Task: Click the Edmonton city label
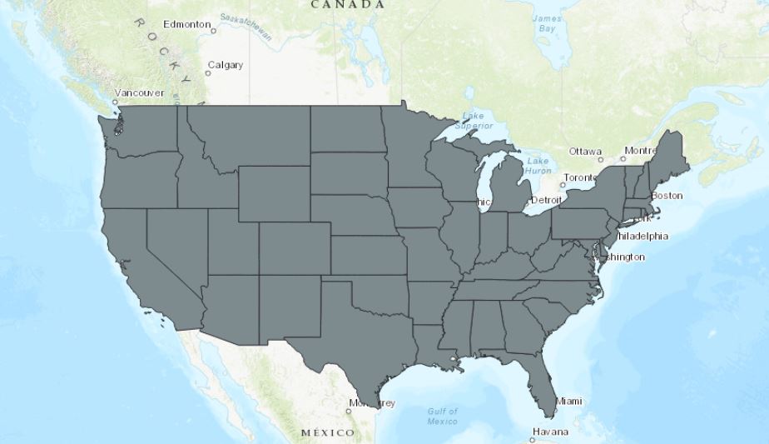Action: click(x=186, y=24)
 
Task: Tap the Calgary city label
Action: click(x=225, y=65)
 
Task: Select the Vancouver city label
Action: click(x=139, y=92)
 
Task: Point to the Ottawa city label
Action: click(x=585, y=152)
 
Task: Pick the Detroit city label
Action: click(x=546, y=201)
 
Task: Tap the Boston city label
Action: click(x=667, y=196)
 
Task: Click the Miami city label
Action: click(x=569, y=402)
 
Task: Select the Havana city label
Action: click(x=551, y=432)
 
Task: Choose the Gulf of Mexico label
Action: click(x=443, y=416)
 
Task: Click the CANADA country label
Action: click(x=348, y=4)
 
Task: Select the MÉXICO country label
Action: click(x=327, y=433)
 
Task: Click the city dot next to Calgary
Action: click(x=208, y=73)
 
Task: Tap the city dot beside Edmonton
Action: click(x=214, y=31)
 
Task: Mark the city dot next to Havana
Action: click(x=533, y=439)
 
